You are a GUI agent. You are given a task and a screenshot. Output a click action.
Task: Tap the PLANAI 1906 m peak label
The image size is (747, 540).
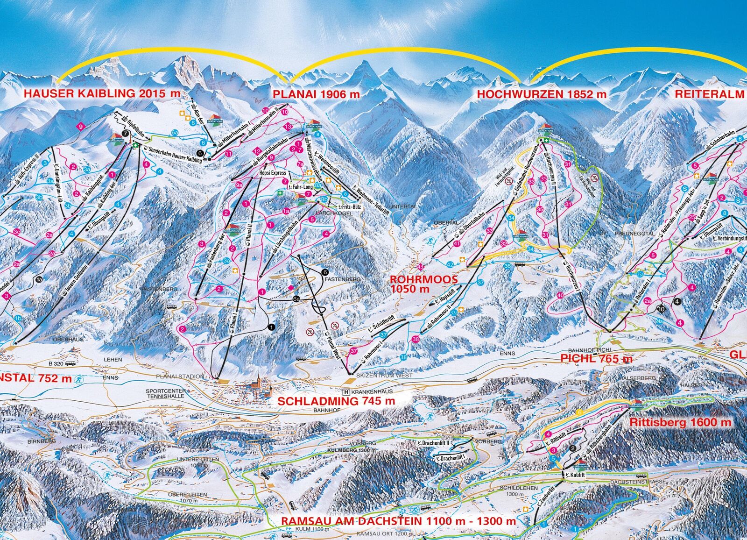click(316, 94)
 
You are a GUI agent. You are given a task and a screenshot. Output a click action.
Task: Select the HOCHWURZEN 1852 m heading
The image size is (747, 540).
click(542, 94)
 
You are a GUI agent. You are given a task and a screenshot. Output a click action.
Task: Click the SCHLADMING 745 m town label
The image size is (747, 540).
click(336, 401)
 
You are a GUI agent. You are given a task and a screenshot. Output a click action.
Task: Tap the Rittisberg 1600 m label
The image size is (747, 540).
click(681, 422)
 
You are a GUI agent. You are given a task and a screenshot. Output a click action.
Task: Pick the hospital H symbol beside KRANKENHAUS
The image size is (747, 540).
click(346, 392)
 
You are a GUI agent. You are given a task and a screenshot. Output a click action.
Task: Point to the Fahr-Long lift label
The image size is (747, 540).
click(303, 187)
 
